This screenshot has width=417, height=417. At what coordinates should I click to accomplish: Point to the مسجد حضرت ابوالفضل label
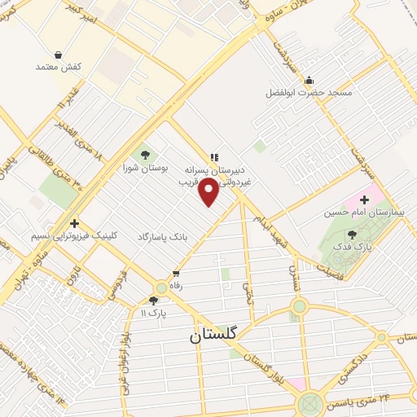309,93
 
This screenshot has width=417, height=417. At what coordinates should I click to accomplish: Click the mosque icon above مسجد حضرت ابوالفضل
309,81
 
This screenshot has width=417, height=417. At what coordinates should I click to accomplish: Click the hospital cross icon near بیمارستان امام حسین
364,200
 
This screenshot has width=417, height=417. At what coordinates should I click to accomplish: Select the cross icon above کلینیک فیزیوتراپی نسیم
74,222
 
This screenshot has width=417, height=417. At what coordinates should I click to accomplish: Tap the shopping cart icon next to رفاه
176,274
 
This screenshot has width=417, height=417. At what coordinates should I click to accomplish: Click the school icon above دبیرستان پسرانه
214,156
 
